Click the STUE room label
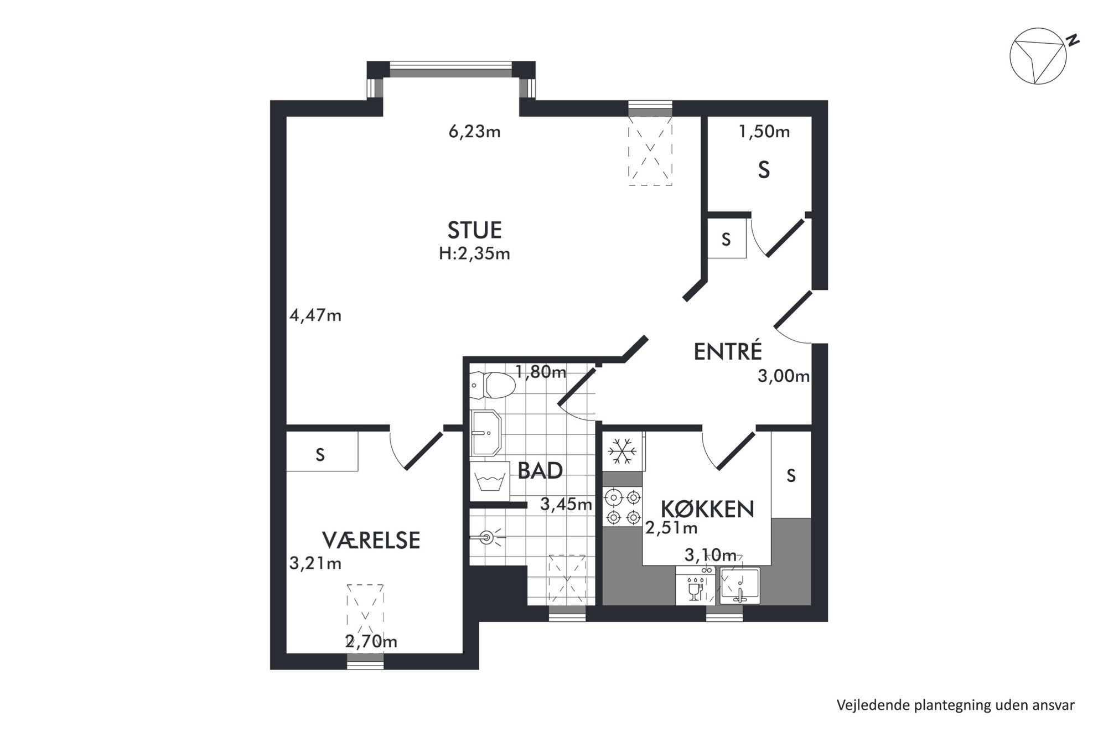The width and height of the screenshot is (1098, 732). (x=474, y=230)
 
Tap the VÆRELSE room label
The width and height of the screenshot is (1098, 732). (x=371, y=541)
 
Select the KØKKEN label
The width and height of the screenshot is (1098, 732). (x=708, y=509)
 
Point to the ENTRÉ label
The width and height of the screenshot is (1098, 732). (x=728, y=351)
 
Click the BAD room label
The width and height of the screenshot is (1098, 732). (x=540, y=470)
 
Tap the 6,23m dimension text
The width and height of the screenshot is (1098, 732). (x=474, y=132)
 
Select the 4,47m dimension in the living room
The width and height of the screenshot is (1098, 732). (x=315, y=315)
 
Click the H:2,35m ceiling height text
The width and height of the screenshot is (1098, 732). (x=474, y=253)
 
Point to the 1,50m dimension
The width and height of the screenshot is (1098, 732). (x=764, y=132)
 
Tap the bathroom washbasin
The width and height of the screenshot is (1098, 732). (x=485, y=433)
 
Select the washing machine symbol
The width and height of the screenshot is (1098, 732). (x=490, y=481)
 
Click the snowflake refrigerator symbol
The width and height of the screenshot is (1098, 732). (x=622, y=451)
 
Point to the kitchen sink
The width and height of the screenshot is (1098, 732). (x=740, y=585)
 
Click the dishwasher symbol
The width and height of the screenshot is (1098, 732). (x=696, y=585)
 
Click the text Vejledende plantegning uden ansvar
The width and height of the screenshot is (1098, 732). (x=956, y=705)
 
